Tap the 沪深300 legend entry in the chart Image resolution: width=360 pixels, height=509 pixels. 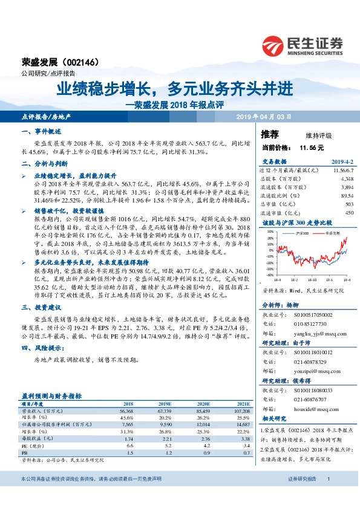click(x=303, y=232)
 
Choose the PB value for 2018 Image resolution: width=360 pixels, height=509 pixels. click(x=129, y=453)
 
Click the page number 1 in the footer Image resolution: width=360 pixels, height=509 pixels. click(x=327, y=496)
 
